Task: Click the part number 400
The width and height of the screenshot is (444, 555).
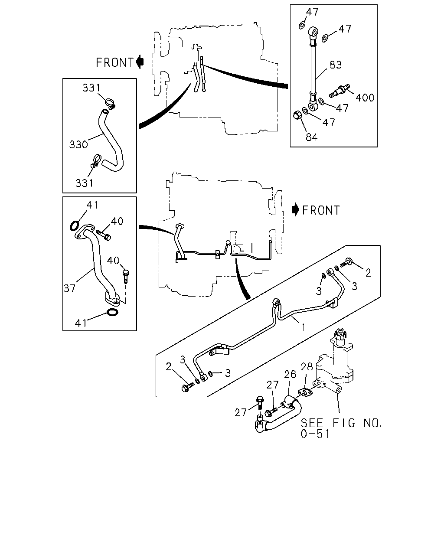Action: coord(365,98)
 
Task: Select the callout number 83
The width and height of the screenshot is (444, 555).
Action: coord(336,65)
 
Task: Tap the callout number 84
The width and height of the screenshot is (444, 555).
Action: coord(311,137)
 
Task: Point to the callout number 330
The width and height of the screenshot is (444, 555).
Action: coord(78,145)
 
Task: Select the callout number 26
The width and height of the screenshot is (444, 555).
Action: coord(290,375)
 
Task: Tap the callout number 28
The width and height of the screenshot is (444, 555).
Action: coord(307,367)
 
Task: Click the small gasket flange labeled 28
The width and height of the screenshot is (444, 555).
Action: coord(305,392)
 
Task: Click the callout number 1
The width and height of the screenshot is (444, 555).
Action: coord(304,327)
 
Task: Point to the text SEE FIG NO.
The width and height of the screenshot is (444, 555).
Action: coord(341,423)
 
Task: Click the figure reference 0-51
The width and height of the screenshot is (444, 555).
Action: coord(315,434)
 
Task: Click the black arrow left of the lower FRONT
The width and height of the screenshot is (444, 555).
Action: coord(295,210)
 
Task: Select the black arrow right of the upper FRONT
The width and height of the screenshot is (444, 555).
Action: coord(140,62)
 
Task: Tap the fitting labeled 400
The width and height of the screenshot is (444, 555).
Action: coord(339,91)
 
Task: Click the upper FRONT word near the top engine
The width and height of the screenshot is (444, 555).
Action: coord(114,63)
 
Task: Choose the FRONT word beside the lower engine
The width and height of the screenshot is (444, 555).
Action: coord(321,210)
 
